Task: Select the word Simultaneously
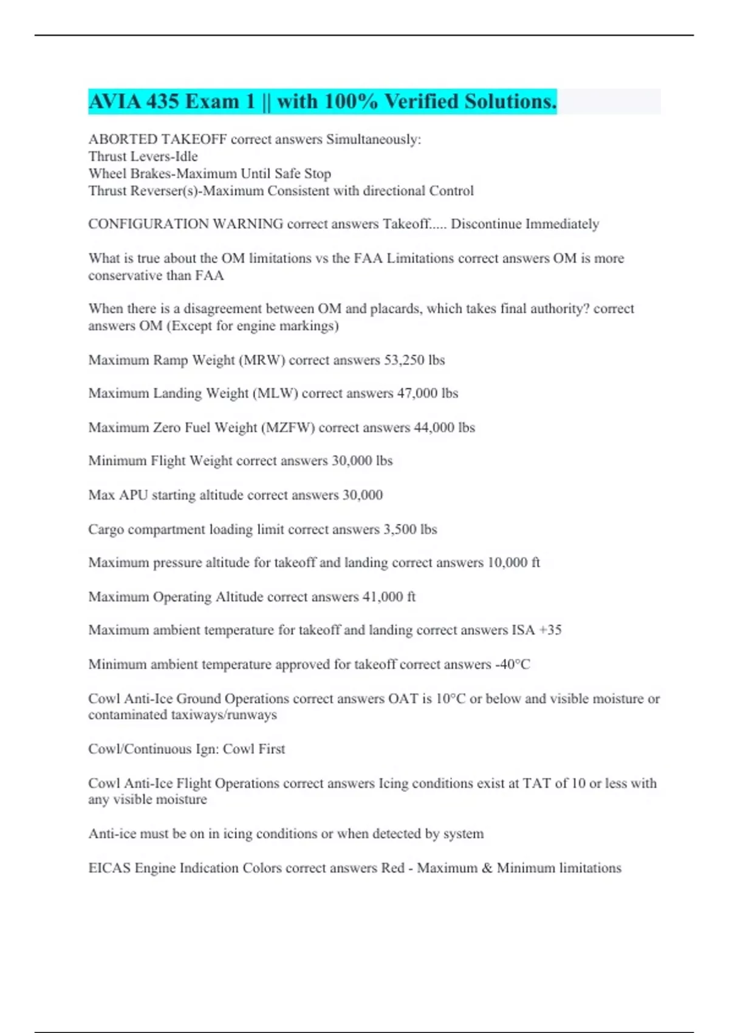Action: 373,139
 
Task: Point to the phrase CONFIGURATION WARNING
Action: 185,224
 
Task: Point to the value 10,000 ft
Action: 514,563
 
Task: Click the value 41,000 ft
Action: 389,597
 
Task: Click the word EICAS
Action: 109,868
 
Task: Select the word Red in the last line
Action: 392,868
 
